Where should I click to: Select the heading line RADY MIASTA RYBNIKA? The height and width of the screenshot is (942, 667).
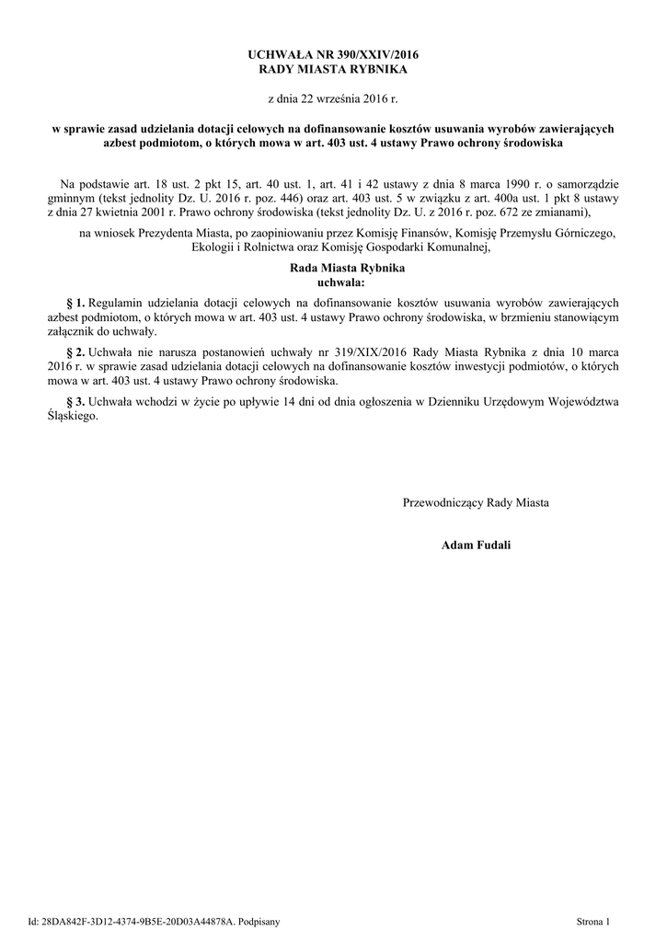point(333,70)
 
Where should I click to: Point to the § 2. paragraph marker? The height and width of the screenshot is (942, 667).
point(77,352)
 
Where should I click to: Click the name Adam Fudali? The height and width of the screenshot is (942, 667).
point(476,546)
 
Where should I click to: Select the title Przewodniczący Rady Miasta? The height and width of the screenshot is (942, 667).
point(476,502)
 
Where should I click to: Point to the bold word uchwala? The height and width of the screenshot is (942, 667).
point(333,282)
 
